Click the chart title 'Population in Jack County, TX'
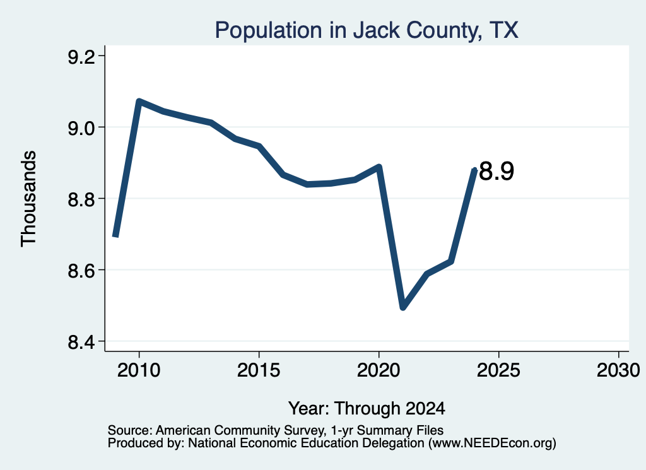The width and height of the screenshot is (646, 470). pyautogui.click(x=367, y=30)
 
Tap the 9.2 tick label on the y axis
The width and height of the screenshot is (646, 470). pyautogui.click(x=81, y=57)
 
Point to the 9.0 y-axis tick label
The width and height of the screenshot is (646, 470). pyautogui.click(x=81, y=128)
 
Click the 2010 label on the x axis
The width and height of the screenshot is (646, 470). pyautogui.click(x=139, y=370)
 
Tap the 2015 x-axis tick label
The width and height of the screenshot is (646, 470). pyautogui.click(x=259, y=370)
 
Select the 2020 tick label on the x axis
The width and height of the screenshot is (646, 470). pyautogui.click(x=379, y=370)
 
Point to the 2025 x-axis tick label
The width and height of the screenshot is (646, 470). pyautogui.click(x=498, y=370)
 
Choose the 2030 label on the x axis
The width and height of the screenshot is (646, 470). pyautogui.click(x=618, y=370)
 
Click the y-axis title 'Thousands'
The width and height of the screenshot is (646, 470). pyautogui.click(x=28, y=199)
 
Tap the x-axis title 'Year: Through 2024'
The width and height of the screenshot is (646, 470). pyautogui.click(x=367, y=408)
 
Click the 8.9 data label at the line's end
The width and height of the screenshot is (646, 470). pyautogui.click(x=497, y=172)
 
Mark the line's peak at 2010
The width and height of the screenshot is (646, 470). pyautogui.click(x=139, y=102)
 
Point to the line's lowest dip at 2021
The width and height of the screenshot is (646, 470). pyautogui.click(x=403, y=307)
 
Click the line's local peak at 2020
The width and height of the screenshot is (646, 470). pyautogui.click(x=379, y=167)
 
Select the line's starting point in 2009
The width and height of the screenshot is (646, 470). pyautogui.click(x=115, y=235)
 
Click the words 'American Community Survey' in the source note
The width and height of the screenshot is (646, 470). pyautogui.click(x=239, y=430)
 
